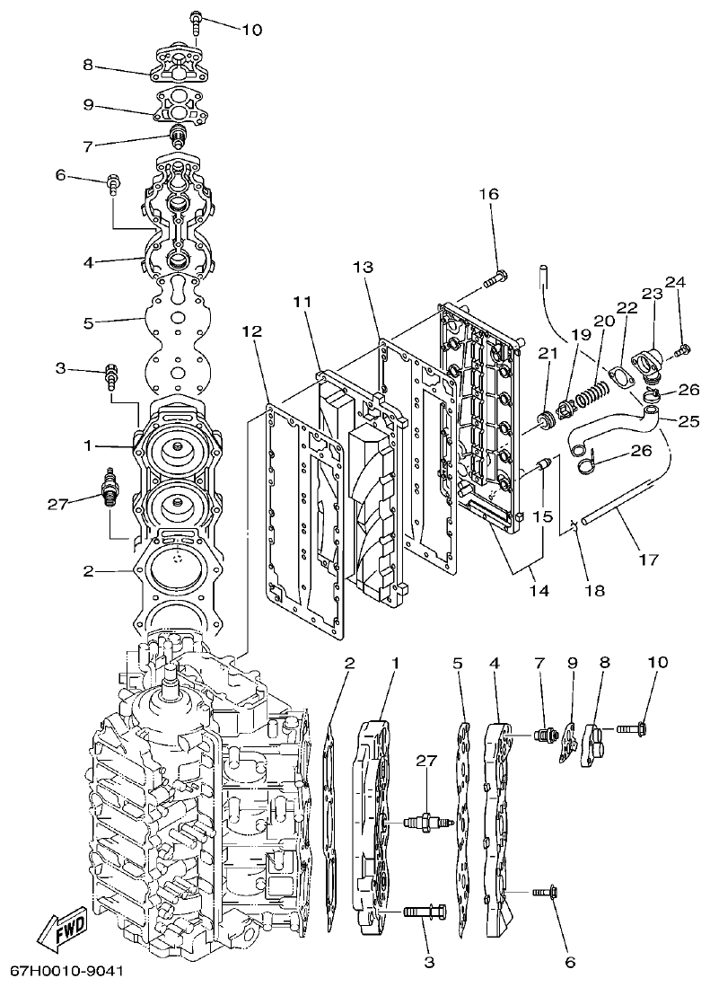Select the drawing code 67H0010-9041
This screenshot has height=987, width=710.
tap(67, 972)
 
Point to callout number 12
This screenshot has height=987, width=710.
tap(252, 331)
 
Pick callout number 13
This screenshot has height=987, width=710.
tap(362, 267)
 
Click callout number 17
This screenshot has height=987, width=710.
tap(647, 559)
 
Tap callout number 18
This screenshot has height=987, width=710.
tap(593, 591)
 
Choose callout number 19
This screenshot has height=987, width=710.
tap(581, 334)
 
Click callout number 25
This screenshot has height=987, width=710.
tap(688, 419)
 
